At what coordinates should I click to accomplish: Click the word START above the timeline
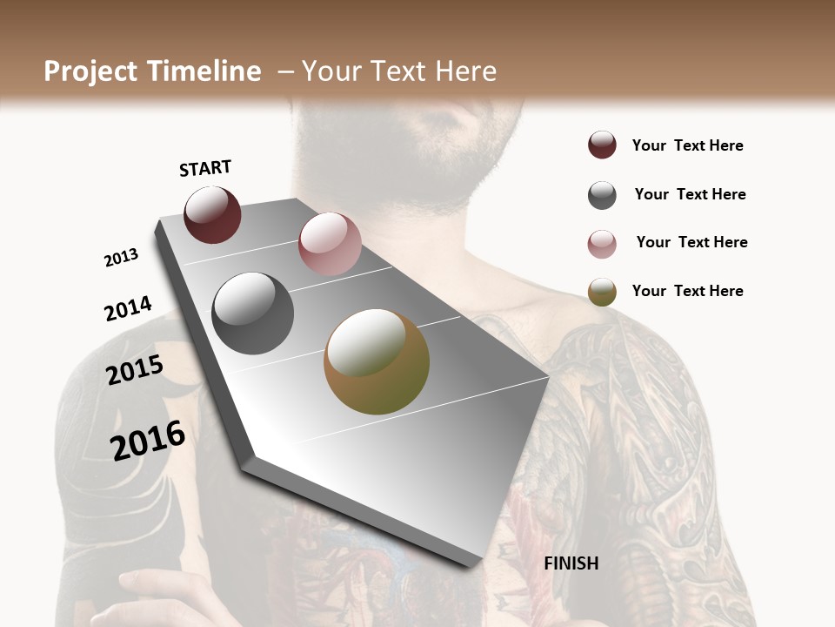click(x=205, y=168)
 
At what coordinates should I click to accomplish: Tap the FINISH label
click(x=571, y=563)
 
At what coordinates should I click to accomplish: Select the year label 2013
click(x=121, y=258)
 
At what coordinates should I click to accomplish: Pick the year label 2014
click(x=128, y=308)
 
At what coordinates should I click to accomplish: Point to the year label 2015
click(x=135, y=370)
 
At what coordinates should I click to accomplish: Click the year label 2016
click(x=148, y=440)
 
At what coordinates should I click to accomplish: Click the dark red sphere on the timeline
click(x=212, y=214)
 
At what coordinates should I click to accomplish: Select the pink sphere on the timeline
click(x=330, y=243)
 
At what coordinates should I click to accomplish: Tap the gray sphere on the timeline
click(x=253, y=313)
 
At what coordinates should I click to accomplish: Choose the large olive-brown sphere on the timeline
click(x=377, y=361)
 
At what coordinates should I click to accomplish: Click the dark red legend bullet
click(x=602, y=145)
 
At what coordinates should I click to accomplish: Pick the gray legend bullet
click(x=602, y=195)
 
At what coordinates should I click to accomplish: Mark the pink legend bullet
click(x=602, y=244)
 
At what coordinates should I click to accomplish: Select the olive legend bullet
click(x=602, y=292)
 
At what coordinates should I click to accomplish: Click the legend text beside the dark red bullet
click(x=687, y=145)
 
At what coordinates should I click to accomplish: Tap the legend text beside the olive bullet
click(x=687, y=291)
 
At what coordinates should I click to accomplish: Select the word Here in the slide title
click(x=465, y=71)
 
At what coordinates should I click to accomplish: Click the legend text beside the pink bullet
click(x=691, y=242)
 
